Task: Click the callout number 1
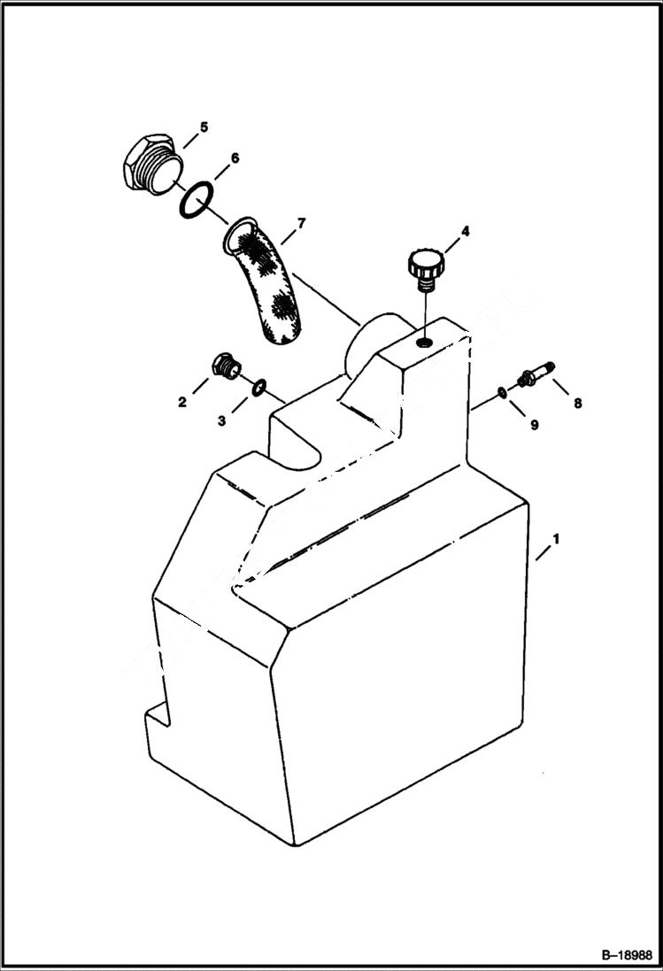pos(556,538)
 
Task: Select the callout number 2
pos(182,402)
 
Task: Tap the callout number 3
pos(221,422)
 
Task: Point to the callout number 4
pos(465,232)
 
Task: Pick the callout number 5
pos(204,127)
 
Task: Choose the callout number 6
pos(235,158)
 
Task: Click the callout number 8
pos(577,404)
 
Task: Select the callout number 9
pos(534,426)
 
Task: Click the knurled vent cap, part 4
pos(424,266)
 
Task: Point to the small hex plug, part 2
pos(226,365)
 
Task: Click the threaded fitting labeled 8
pos(533,377)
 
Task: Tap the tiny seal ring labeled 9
pos(502,393)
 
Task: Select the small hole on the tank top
pos(425,341)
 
